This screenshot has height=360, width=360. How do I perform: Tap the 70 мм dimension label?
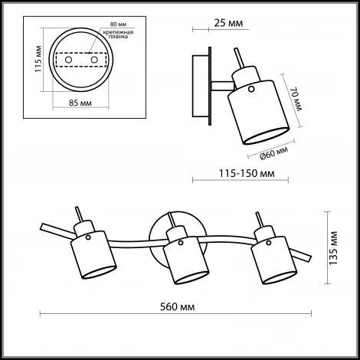coord(294,100)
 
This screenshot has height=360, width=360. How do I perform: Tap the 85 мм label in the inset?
coord(80,102)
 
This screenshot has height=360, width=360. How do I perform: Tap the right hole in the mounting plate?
coord(94,59)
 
